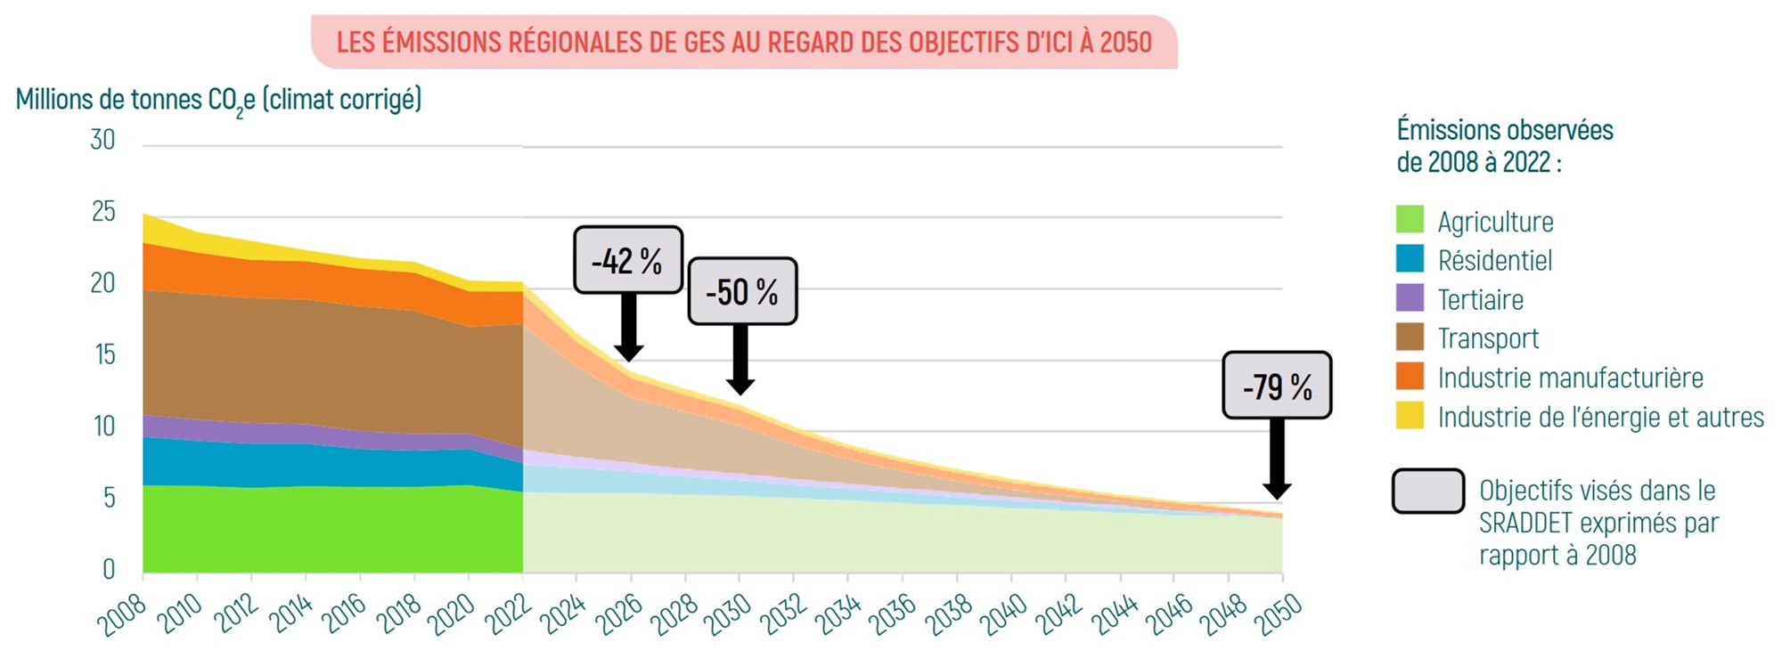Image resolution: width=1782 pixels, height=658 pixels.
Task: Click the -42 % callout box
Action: pos(627,260)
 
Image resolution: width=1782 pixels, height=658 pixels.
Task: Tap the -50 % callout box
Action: pos(742,291)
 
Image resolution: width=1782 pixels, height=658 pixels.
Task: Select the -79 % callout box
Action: pos(1277,386)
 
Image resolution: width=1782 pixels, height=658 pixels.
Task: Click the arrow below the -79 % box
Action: pos(1277,459)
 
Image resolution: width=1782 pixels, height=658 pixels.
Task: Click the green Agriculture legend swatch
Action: pos(1410,220)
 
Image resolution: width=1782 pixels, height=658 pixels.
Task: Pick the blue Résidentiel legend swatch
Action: pos(1410,259)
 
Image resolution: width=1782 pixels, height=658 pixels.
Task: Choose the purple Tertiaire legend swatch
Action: pos(1410,298)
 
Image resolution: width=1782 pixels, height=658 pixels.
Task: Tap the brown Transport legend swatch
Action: pos(1410,337)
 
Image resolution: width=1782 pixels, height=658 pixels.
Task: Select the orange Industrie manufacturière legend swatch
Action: pos(1410,377)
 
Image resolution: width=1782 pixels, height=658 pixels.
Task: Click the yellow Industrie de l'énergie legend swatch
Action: pos(1410,416)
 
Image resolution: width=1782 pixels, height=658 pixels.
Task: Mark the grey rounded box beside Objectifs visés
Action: pos(1427,491)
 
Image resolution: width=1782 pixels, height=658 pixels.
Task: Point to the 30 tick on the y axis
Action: pos(102,141)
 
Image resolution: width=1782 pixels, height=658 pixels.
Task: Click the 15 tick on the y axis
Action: pos(105,355)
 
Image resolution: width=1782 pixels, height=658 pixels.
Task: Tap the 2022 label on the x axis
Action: pos(507,615)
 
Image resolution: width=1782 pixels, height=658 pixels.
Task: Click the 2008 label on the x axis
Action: pos(122,615)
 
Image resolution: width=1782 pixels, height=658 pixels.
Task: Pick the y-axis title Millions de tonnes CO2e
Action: pos(218,100)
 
